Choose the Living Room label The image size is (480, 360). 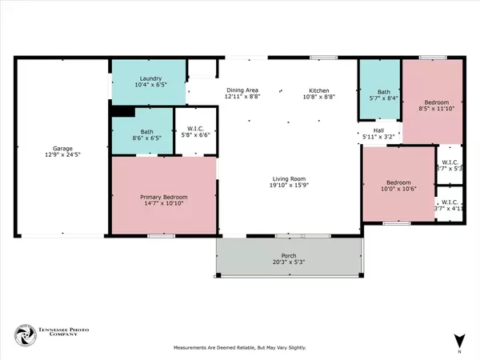click(289, 179)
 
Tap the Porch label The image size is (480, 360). click(288, 256)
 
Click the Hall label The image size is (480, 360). click(379, 130)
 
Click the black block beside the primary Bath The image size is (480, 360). click(122, 113)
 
